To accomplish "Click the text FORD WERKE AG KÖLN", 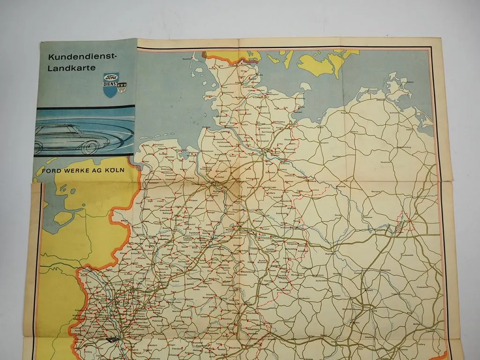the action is coord(83,170).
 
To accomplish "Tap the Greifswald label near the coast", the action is coord(393,112).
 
